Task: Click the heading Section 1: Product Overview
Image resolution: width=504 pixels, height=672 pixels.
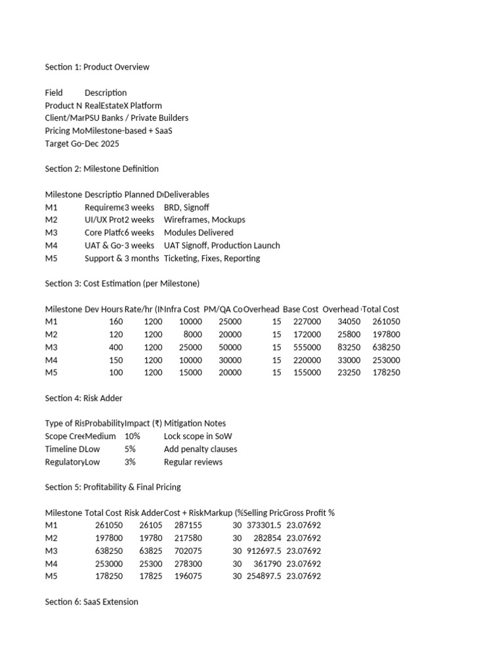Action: (x=97, y=67)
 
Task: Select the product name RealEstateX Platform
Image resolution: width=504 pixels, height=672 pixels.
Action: (x=123, y=106)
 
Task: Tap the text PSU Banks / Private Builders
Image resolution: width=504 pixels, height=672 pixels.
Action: (x=136, y=118)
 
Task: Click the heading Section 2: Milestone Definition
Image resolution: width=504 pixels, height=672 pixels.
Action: (x=102, y=169)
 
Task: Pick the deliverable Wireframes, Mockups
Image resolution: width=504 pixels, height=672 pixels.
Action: (x=205, y=220)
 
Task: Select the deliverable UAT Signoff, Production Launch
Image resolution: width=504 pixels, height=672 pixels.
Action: (x=222, y=245)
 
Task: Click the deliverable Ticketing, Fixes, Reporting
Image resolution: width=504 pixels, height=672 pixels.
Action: (x=212, y=258)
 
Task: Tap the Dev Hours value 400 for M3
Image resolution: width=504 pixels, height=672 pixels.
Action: (x=115, y=347)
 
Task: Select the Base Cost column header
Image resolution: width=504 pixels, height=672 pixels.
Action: (x=301, y=309)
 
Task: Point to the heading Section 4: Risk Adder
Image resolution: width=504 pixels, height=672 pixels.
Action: (x=83, y=398)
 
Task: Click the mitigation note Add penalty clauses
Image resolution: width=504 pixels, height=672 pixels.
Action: (x=201, y=449)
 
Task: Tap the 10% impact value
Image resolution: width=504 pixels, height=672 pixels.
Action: (x=132, y=436)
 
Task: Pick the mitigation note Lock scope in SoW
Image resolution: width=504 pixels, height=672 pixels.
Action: (x=198, y=436)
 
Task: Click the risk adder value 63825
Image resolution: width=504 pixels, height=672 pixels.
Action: (x=138, y=551)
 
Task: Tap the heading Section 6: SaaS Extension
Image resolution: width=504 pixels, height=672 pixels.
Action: (x=91, y=601)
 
